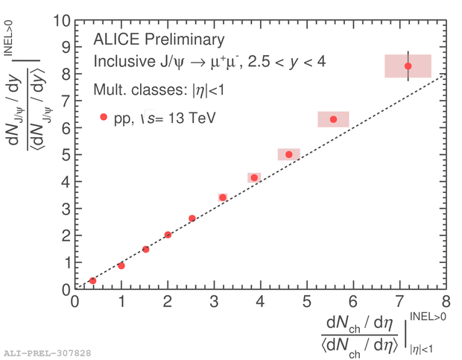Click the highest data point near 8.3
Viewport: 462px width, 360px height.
tap(408, 66)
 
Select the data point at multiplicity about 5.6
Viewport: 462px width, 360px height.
tap(333, 119)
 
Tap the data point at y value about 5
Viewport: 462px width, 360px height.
tap(289, 154)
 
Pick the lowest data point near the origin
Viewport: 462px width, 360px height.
tap(92, 280)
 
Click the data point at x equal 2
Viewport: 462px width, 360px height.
tap(168, 235)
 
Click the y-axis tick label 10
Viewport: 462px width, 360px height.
tap(60, 21)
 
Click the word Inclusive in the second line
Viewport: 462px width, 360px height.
tap(122, 62)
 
